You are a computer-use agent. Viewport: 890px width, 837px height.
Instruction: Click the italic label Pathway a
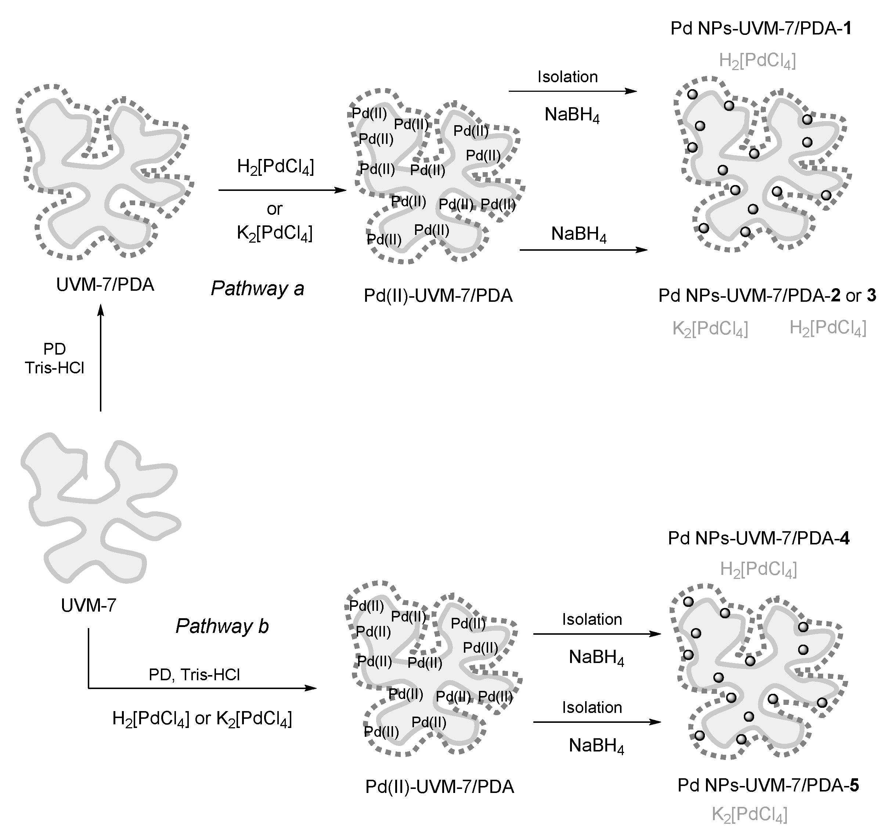click(x=257, y=289)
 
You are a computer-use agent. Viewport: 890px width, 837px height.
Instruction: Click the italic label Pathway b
click(x=222, y=626)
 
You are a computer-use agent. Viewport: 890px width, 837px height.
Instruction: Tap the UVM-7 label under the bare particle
click(x=88, y=605)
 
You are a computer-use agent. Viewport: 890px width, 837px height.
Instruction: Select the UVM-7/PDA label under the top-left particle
click(x=105, y=285)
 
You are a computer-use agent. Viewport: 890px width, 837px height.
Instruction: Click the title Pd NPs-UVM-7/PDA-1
click(x=761, y=29)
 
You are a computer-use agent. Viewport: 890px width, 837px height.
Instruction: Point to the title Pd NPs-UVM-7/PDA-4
click(x=759, y=538)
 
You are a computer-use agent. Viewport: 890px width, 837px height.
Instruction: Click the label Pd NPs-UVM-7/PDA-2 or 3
click(x=767, y=296)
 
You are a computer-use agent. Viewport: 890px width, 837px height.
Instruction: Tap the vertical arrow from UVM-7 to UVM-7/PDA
click(x=100, y=358)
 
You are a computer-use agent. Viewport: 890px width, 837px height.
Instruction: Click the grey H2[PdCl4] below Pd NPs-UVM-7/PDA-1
click(x=757, y=61)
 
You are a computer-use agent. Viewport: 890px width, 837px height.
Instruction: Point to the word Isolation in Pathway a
click(x=567, y=77)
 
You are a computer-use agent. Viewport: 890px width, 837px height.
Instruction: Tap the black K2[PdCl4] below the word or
click(x=274, y=233)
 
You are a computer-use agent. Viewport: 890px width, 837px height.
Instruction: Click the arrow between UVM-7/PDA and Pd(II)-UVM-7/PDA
click(x=282, y=190)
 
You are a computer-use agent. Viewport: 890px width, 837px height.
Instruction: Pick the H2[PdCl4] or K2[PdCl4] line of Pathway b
click(x=202, y=719)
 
